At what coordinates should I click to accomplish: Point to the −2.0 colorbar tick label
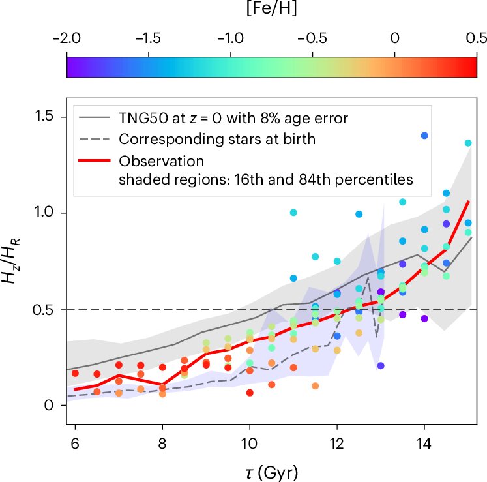pos(66,38)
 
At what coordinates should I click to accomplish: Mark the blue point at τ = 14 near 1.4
pos(424,136)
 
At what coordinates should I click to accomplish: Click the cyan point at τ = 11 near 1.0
pos(293,213)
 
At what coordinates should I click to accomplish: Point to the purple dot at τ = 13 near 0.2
pos(381,366)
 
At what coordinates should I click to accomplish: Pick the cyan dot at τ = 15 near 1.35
pos(468,143)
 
